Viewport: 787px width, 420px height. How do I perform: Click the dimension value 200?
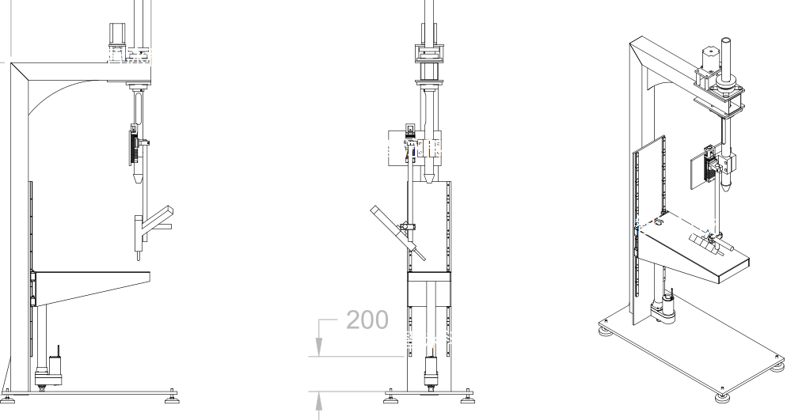pyautogui.click(x=367, y=320)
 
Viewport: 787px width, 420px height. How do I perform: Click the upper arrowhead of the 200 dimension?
pyautogui.click(x=318, y=346)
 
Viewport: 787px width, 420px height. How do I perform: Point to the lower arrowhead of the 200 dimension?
pyautogui.click(x=318, y=401)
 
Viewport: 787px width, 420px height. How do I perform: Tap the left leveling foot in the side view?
pyautogui.click(x=8, y=397)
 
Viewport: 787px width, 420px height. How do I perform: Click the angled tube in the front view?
pyautogui.click(x=398, y=233)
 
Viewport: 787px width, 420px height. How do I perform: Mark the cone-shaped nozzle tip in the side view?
pyautogui.click(x=138, y=178)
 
